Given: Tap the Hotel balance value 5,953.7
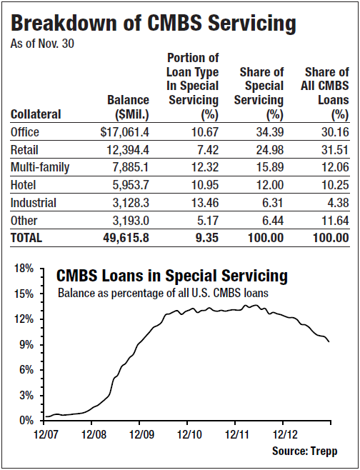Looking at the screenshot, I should (129, 185).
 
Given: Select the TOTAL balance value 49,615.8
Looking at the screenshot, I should (126, 239).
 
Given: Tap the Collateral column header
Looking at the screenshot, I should (36, 114).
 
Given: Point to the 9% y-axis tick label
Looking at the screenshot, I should (26, 344).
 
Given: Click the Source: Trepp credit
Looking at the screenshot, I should (304, 451).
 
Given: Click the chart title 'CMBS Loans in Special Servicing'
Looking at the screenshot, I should (172, 276).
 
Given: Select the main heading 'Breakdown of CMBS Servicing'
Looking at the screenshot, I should (154, 24).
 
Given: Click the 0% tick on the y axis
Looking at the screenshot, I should (26, 420).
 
